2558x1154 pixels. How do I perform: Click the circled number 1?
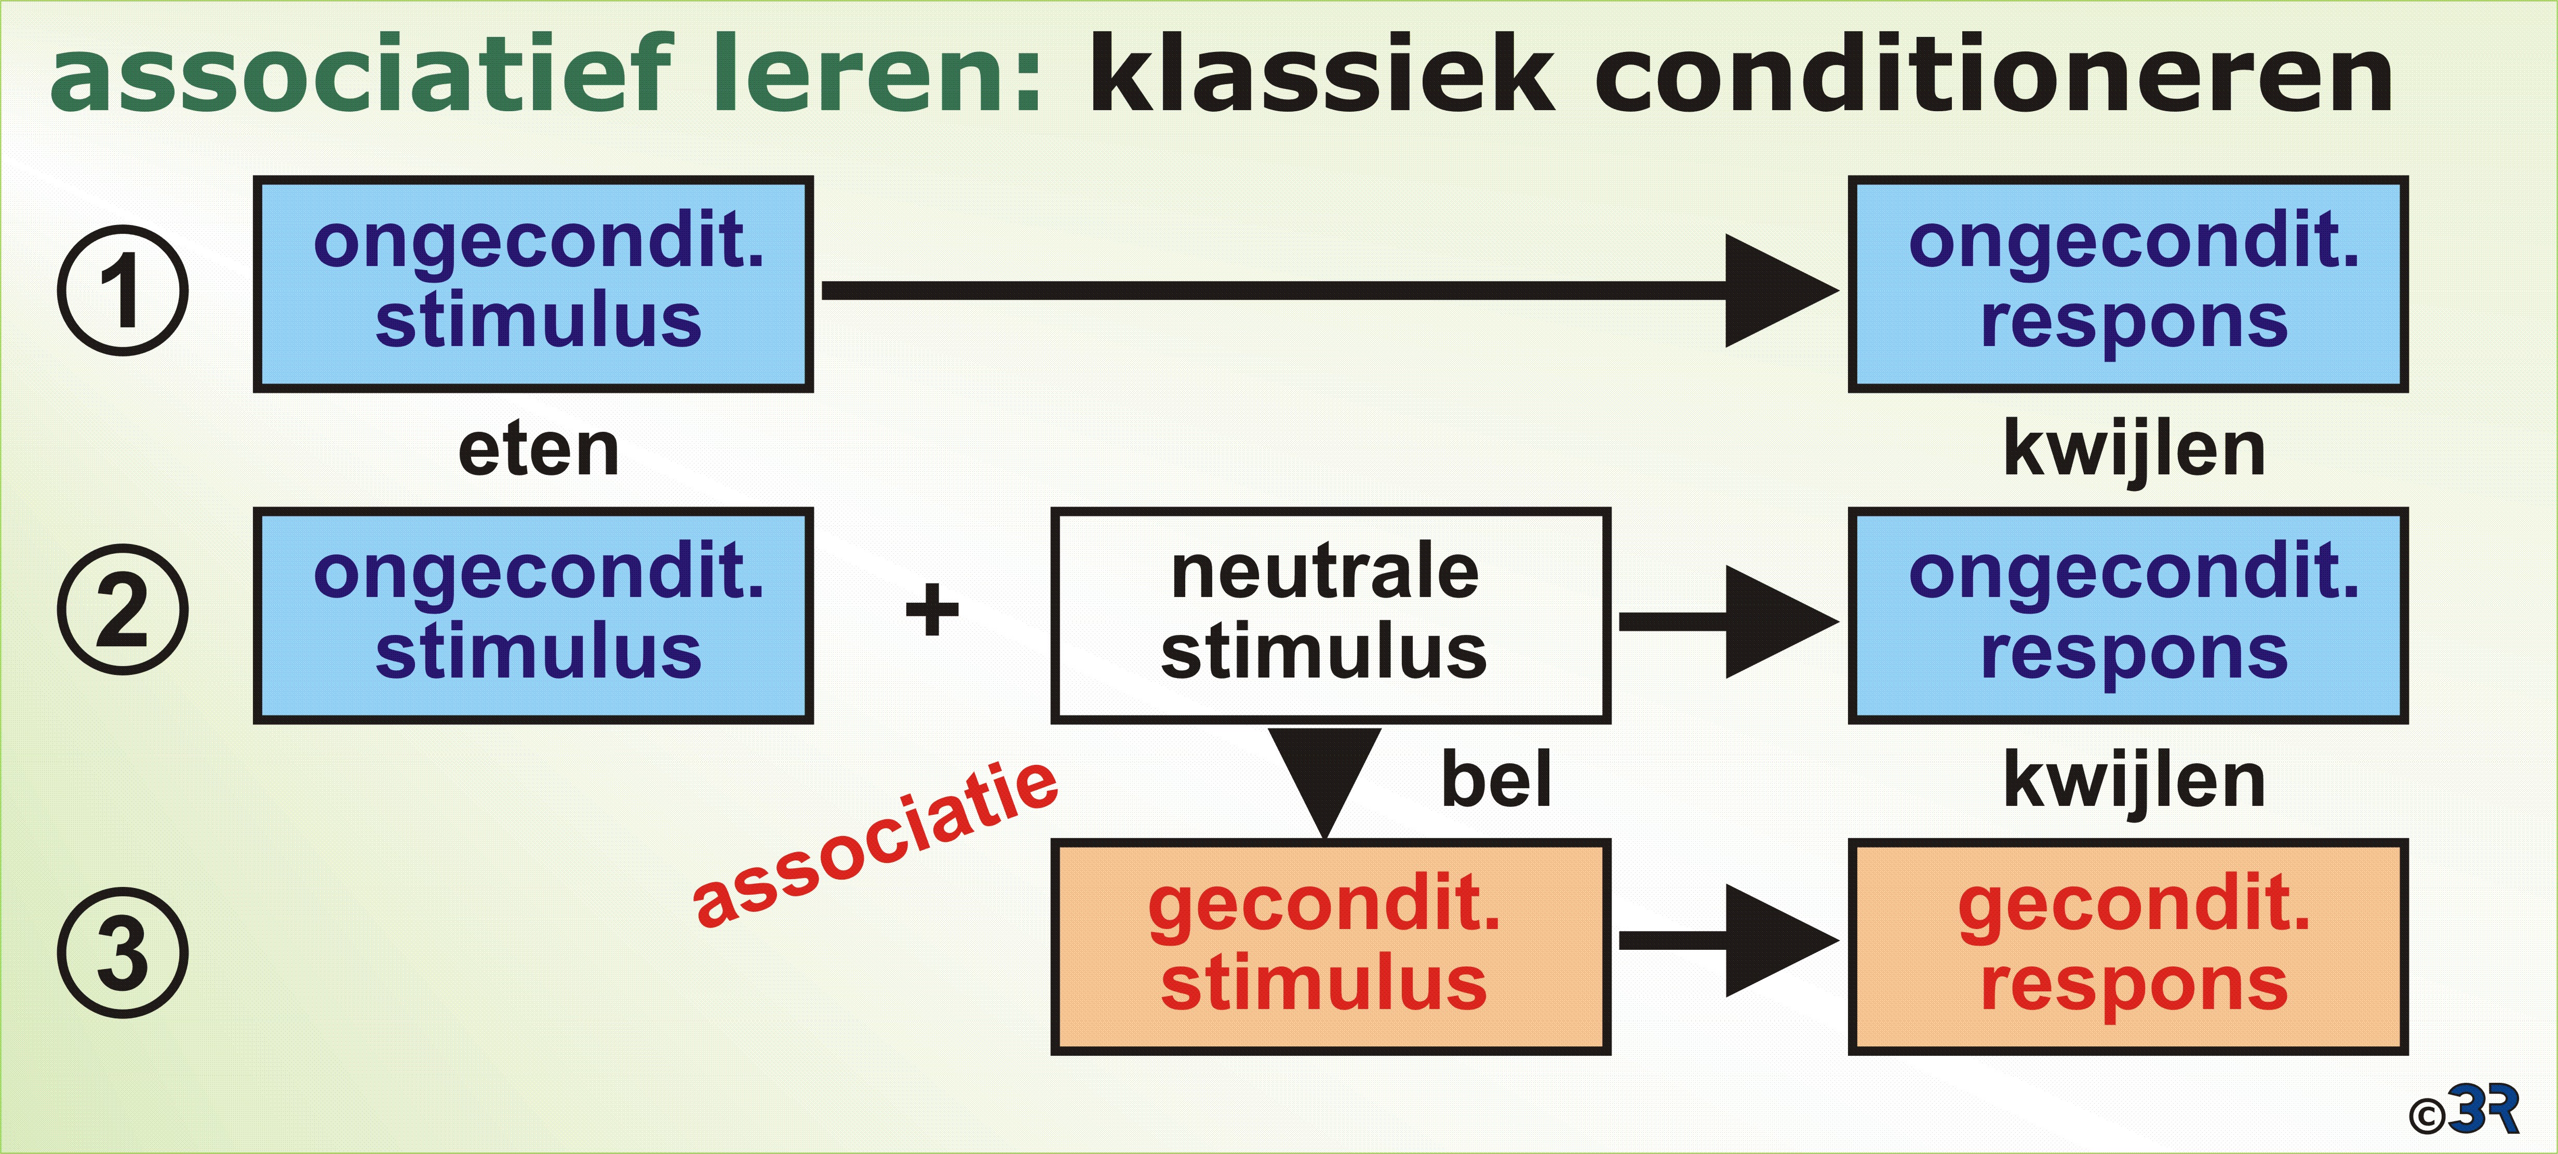click(122, 290)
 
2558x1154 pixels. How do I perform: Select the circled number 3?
click(122, 952)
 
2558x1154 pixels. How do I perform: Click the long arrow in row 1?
click(1331, 290)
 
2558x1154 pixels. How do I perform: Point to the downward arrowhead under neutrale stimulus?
click(1325, 782)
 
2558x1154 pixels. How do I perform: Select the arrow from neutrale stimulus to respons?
click(1729, 622)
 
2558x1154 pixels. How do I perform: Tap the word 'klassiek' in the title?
click(1321, 73)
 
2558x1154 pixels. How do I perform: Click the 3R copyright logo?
click(2462, 1109)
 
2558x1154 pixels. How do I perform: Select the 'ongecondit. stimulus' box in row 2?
click(533, 615)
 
